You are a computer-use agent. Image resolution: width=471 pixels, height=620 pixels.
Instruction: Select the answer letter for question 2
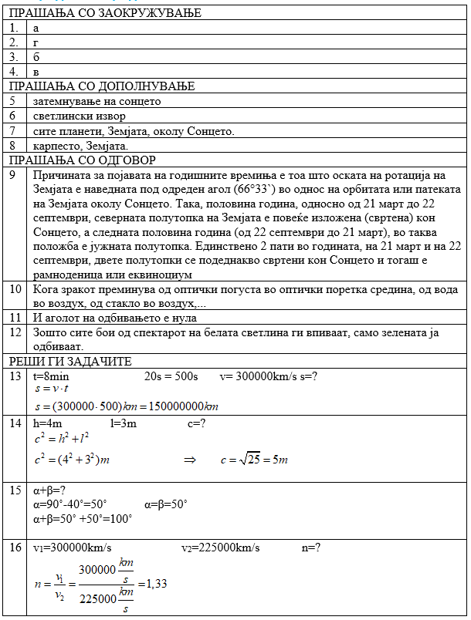[36, 42]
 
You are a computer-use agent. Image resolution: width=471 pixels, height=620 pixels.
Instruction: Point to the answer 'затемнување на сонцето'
[97, 101]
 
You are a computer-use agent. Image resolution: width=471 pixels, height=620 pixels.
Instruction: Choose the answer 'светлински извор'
[76, 116]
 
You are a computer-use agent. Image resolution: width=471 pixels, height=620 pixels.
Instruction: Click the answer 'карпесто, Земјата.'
[80, 145]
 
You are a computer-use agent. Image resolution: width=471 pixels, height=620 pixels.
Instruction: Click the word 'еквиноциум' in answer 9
[163, 274]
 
